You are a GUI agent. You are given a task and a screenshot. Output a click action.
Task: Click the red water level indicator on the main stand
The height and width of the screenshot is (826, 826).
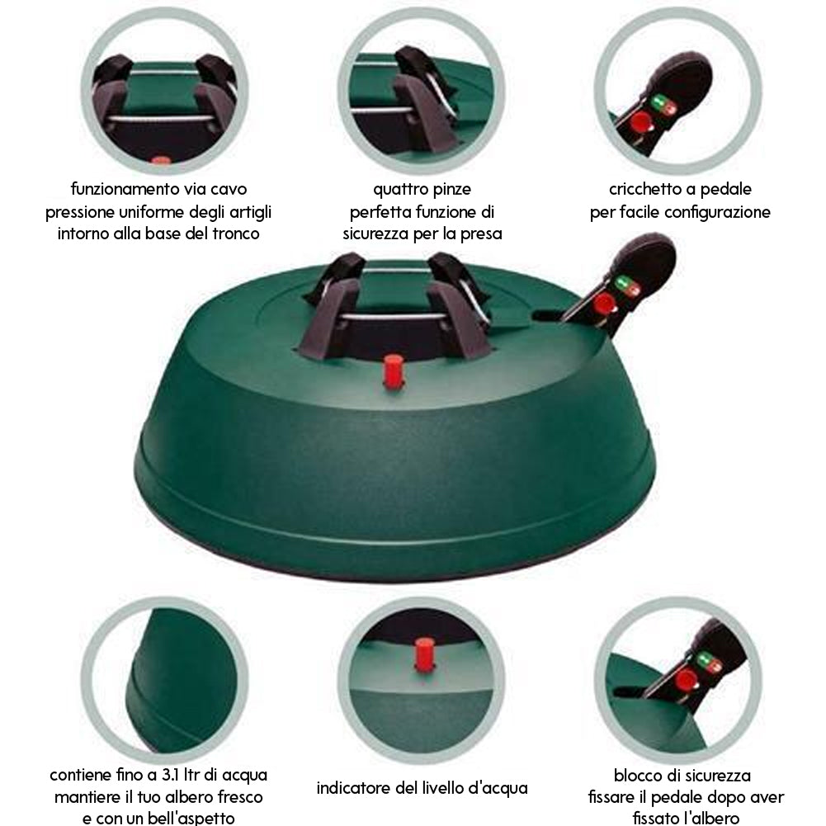point(393,371)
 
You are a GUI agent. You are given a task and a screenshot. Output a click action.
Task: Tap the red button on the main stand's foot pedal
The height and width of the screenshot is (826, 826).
point(603,304)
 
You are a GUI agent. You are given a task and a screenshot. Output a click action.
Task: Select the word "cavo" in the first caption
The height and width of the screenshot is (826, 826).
point(228,189)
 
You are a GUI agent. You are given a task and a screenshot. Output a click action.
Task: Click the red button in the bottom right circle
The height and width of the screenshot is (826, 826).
point(686,680)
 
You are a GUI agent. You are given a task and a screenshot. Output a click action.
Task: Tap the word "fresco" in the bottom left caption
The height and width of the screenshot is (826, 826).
point(238,797)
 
